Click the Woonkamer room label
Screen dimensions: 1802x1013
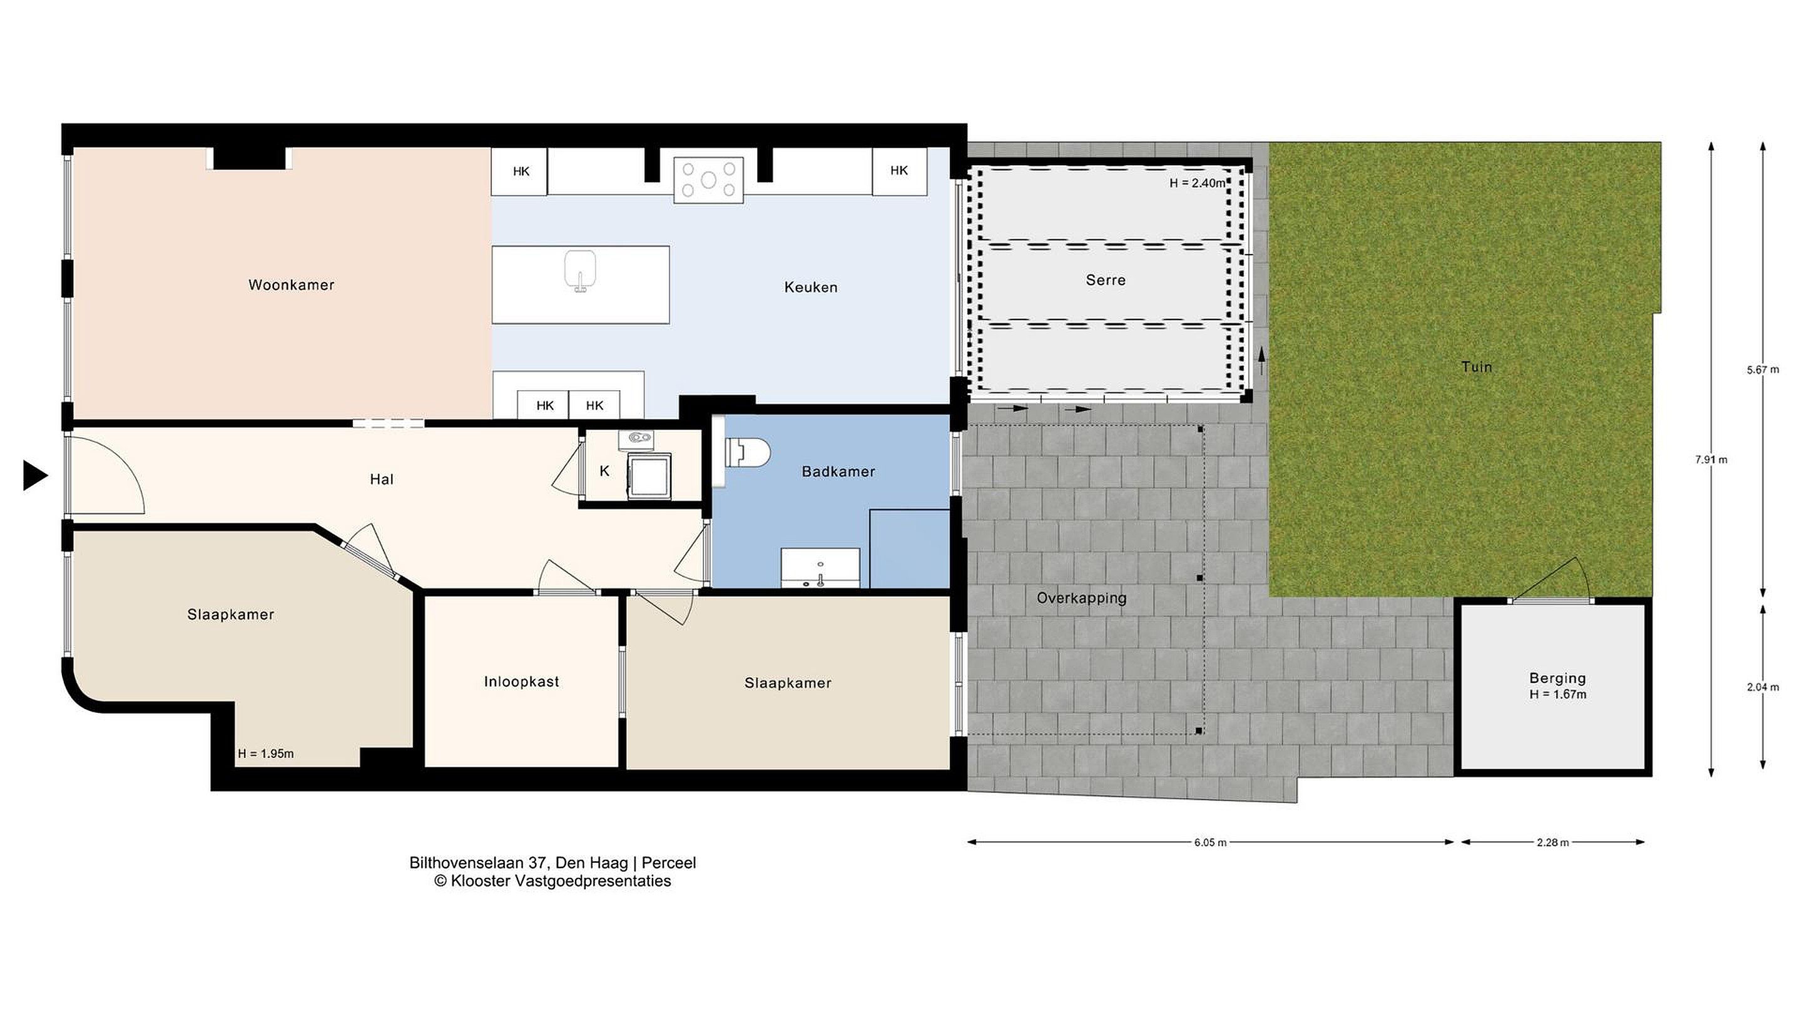291,285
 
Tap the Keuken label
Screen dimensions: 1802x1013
811,286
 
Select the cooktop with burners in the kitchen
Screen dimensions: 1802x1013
709,180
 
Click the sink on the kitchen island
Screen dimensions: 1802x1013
580,271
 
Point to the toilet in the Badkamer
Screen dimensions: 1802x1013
746,452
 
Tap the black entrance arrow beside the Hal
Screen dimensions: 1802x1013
35,475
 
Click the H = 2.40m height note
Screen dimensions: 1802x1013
1198,183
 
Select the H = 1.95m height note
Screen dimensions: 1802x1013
266,753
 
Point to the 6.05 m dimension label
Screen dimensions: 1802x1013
1210,842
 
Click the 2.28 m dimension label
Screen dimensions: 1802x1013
1552,842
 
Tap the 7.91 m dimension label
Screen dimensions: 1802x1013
1711,460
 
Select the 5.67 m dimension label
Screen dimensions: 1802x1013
1763,370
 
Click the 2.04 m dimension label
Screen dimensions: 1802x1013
1763,687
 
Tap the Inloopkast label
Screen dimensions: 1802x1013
522,682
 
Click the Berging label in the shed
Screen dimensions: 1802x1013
1558,677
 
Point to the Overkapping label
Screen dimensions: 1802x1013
1081,598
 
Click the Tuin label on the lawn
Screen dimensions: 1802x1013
1477,367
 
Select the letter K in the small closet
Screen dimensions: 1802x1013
604,471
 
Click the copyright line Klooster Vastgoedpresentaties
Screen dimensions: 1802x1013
552,881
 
